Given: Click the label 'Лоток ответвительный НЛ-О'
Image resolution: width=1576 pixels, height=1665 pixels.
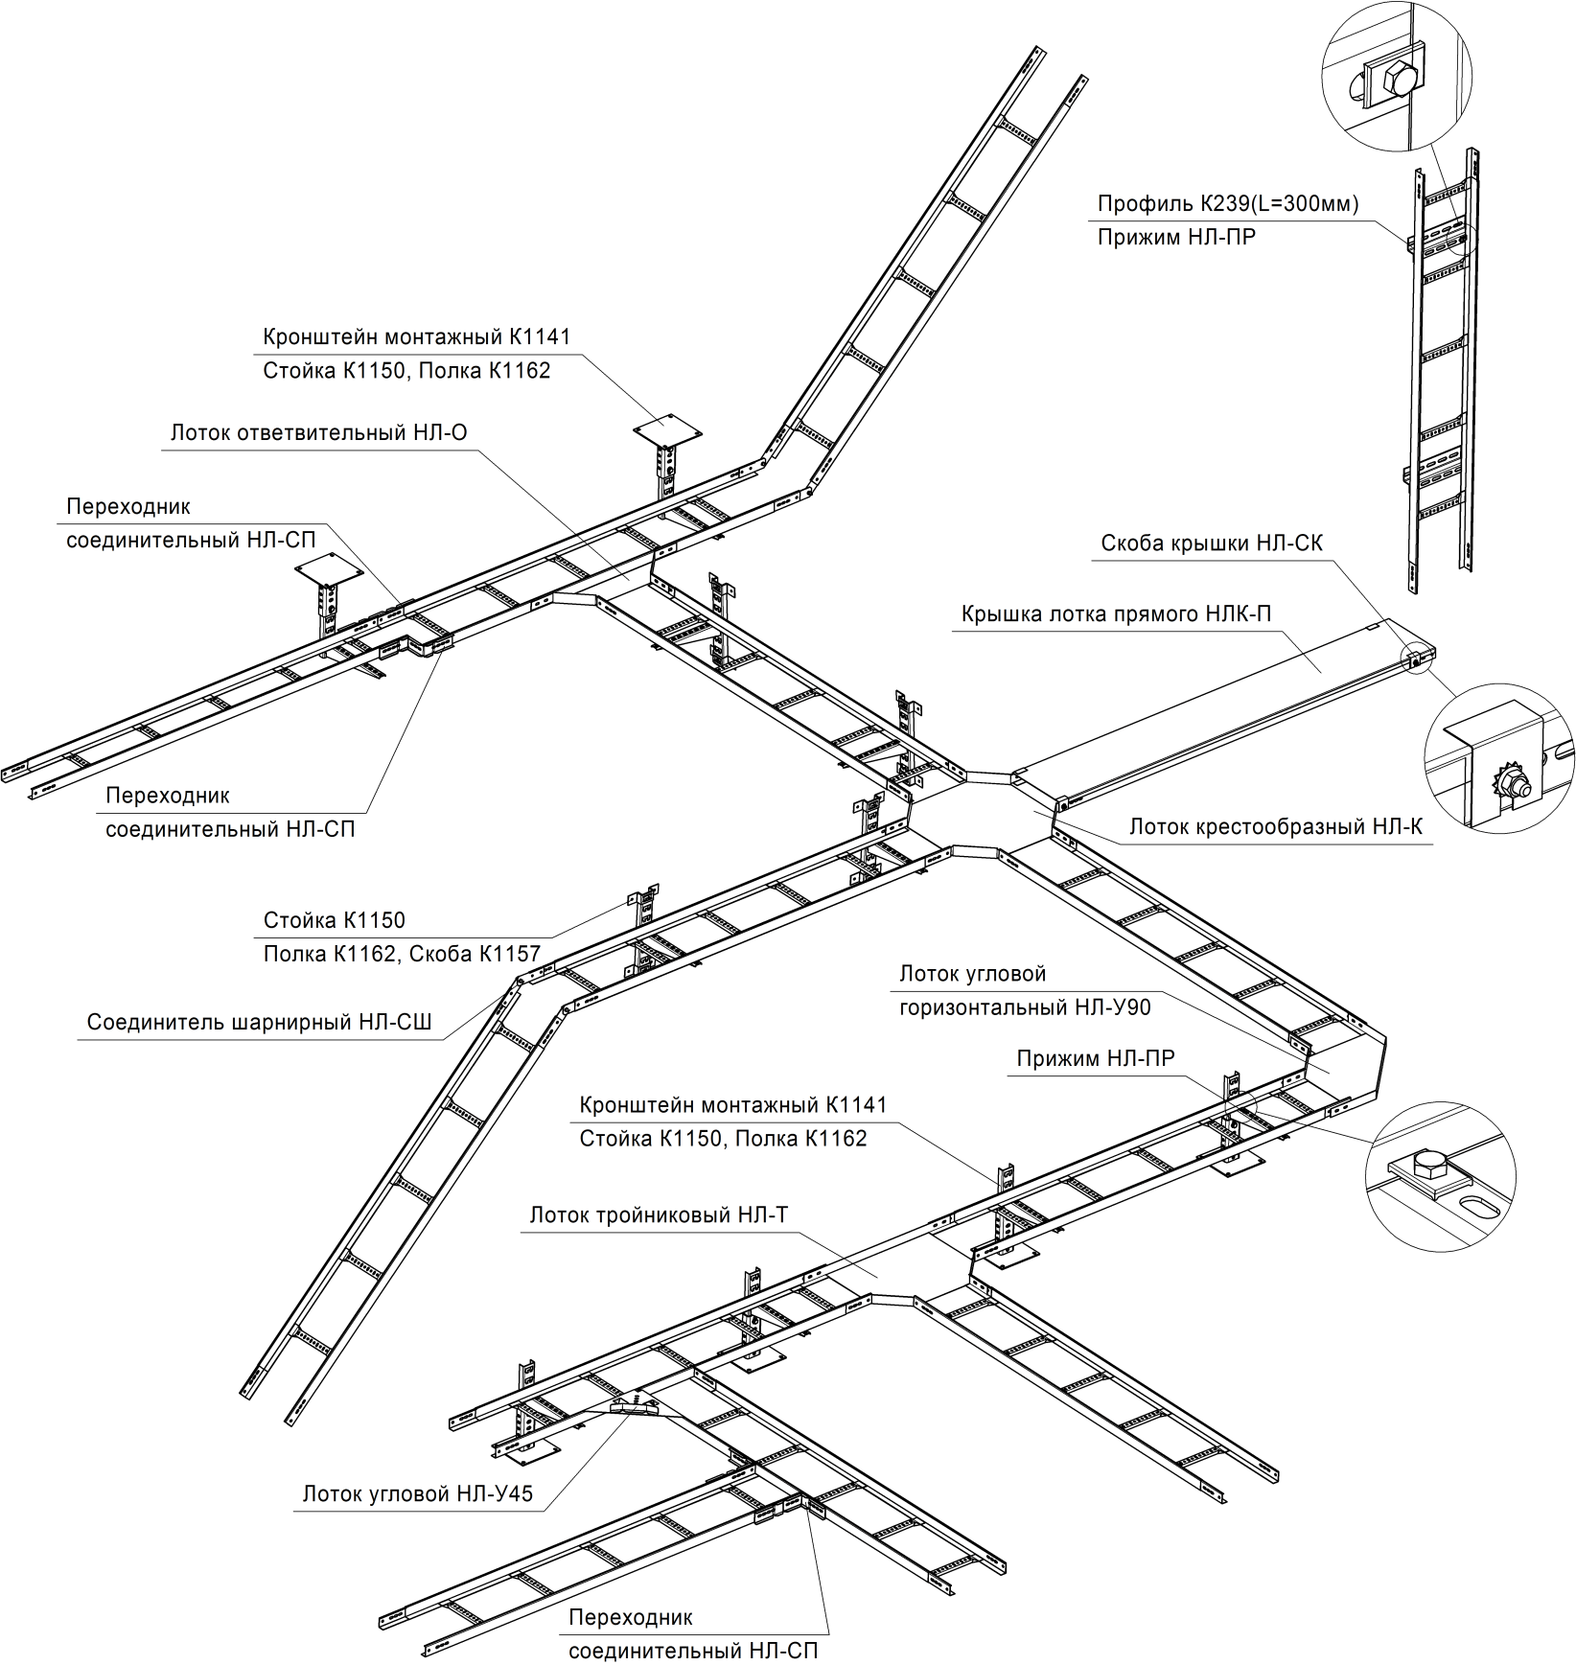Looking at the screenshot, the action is tap(318, 433).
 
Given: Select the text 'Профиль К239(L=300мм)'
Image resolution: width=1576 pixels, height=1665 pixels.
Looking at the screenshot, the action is tap(1228, 204).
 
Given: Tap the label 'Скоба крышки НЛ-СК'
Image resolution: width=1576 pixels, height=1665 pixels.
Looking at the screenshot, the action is tap(1212, 543).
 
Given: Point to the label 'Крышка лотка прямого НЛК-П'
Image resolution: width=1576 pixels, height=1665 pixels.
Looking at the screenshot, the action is tap(1117, 613).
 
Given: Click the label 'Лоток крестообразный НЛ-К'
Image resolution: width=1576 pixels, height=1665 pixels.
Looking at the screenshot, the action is tap(1276, 825).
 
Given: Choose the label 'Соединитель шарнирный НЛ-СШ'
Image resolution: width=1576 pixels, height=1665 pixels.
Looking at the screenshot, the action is tap(260, 1022).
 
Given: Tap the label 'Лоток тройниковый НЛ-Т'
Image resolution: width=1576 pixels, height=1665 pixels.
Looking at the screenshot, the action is tap(659, 1215).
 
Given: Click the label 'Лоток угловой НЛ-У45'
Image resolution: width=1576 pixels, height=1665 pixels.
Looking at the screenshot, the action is tap(417, 1493).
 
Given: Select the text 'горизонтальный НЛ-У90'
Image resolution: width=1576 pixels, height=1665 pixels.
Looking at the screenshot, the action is tap(1025, 1007).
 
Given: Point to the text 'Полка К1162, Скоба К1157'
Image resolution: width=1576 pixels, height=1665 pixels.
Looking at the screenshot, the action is tap(403, 954).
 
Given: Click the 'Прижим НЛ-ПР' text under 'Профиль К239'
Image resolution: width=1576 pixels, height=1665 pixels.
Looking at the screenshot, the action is tap(1176, 237).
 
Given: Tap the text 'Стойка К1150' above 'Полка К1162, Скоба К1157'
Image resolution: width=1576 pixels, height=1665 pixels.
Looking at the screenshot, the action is tap(335, 920).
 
